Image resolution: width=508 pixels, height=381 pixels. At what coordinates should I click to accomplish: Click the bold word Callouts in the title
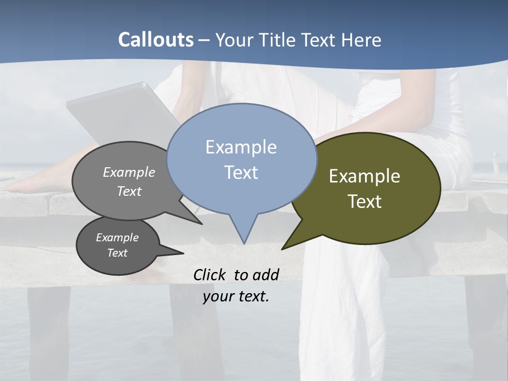156,40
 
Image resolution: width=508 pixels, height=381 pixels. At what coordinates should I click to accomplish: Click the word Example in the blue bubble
241,147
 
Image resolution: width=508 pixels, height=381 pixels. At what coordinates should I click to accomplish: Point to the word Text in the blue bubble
241,172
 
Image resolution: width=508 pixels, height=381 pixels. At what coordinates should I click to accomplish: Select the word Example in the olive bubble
365,176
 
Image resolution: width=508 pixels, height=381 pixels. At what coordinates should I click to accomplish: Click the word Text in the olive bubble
365,201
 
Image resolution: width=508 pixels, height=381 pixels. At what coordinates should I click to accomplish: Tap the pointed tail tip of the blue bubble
244,243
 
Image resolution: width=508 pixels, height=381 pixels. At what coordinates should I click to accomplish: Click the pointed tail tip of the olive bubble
283,248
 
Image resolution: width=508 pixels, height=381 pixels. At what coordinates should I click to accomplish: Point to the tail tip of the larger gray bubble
201,223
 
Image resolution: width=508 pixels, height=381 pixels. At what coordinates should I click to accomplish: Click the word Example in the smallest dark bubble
117,238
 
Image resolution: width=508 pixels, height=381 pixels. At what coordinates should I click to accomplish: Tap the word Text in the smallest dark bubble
117,253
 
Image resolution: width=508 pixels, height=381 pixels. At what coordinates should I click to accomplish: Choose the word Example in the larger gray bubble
129,172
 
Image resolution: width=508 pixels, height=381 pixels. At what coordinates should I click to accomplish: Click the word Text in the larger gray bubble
129,191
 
